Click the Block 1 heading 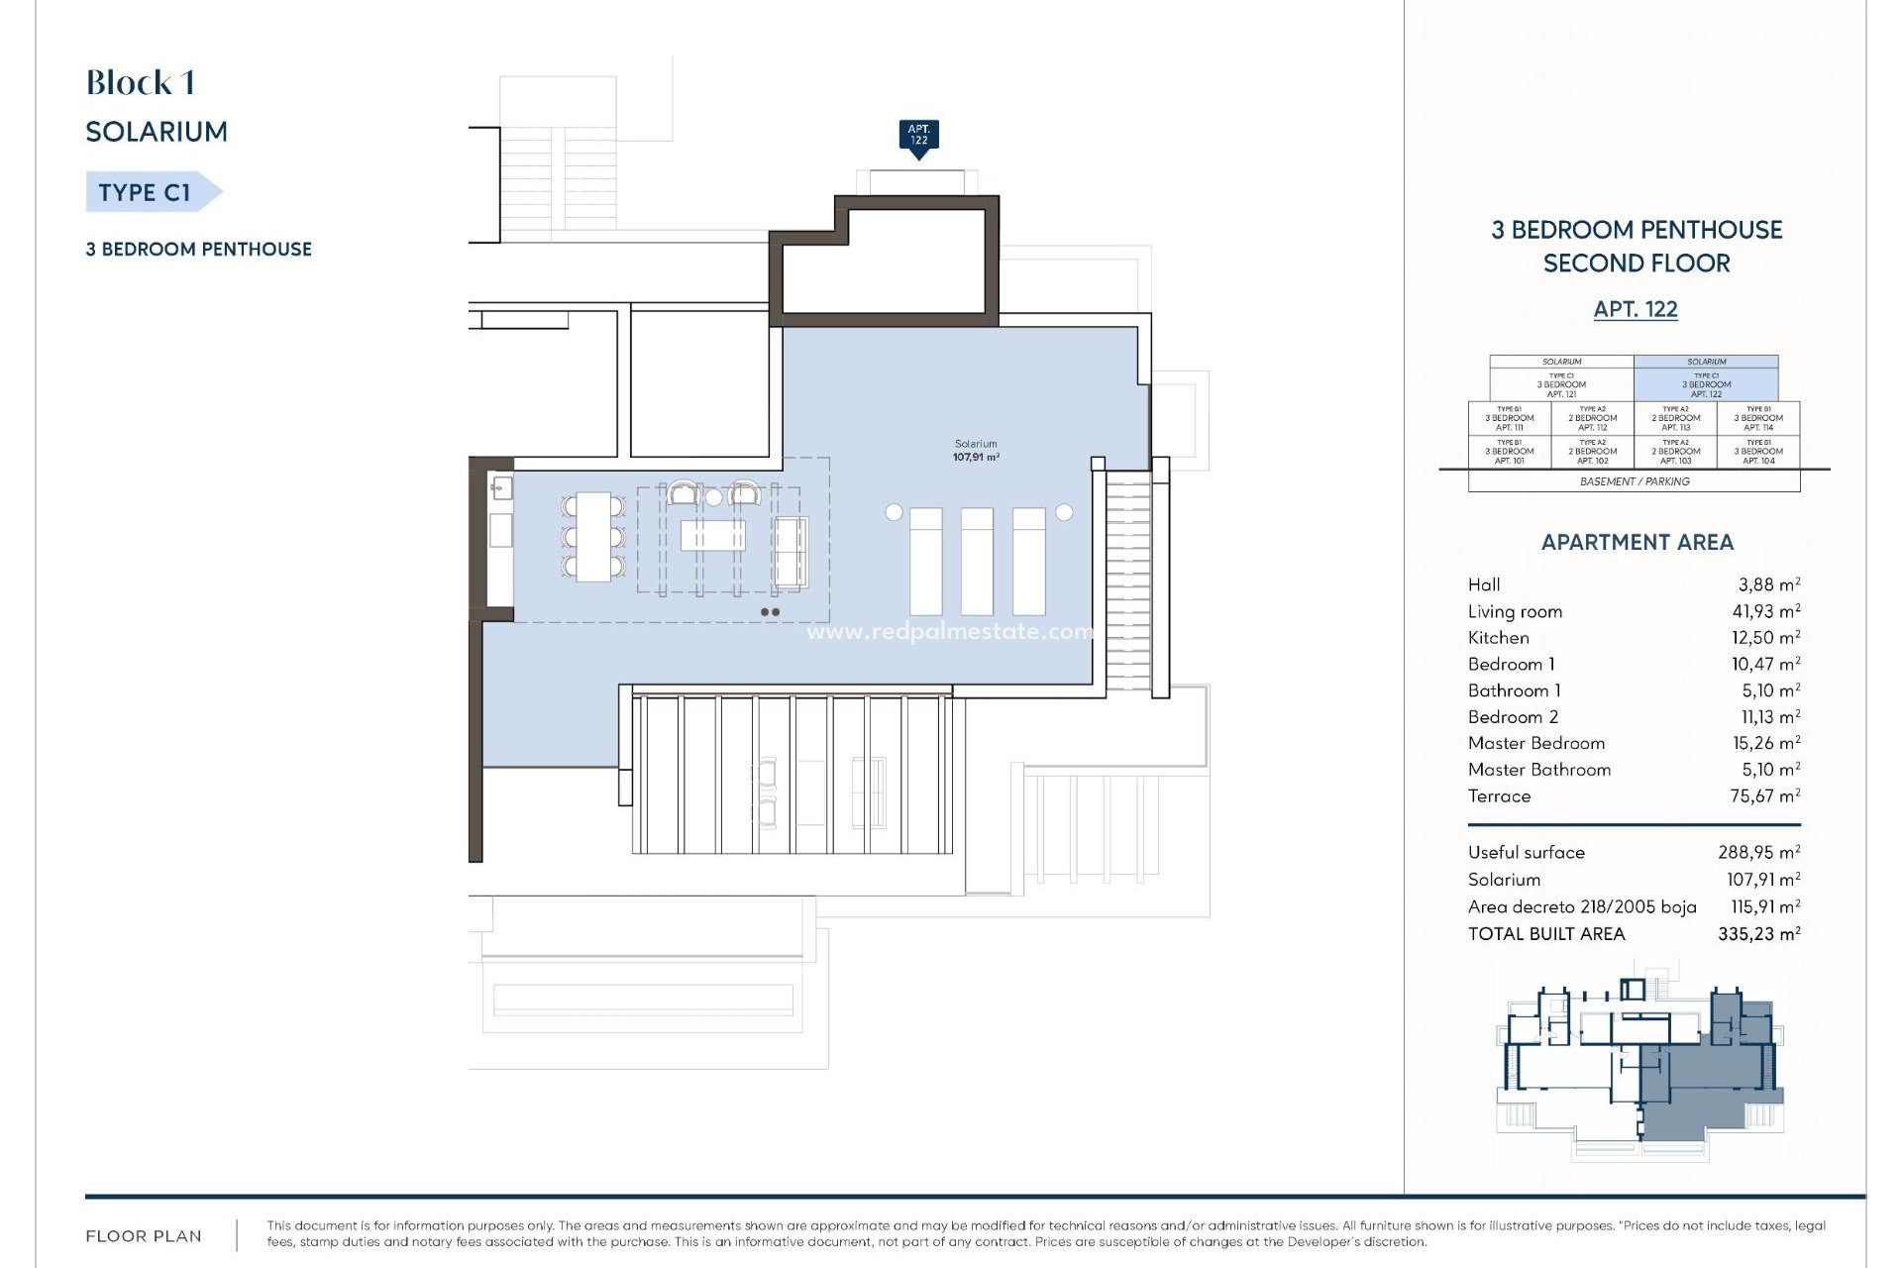[x=140, y=83]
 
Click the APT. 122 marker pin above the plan [x=918, y=136]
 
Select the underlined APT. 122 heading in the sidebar [x=1635, y=309]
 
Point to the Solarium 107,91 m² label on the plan [x=976, y=451]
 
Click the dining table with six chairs [x=593, y=536]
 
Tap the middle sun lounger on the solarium [x=977, y=561]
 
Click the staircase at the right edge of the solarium [x=1128, y=580]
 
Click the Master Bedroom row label [x=1535, y=743]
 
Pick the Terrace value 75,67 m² [x=1764, y=795]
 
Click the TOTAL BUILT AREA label [x=1546, y=933]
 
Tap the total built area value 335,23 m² [x=1758, y=933]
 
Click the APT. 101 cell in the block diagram [x=1509, y=452]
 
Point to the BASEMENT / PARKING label [x=1635, y=481]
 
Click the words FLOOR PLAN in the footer [x=144, y=1236]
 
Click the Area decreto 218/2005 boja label [x=1581, y=906]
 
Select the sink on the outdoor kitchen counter [x=501, y=486]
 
